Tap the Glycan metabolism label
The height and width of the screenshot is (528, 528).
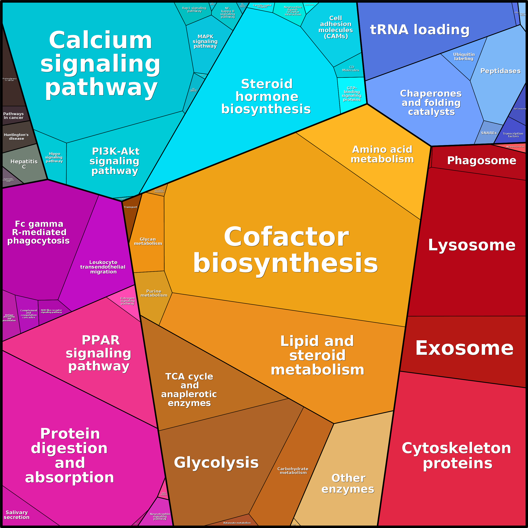[148, 241]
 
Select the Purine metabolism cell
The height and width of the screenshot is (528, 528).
[154, 293]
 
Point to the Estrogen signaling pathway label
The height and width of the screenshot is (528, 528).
[127, 301]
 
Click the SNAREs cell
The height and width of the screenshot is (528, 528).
[489, 133]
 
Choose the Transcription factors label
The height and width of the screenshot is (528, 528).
[513, 135]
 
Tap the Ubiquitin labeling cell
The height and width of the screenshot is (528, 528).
[464, 57]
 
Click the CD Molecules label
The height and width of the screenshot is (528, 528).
[351, 69]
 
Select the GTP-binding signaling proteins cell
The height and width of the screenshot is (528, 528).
[352, 94]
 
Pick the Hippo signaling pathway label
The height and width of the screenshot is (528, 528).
[54, 157]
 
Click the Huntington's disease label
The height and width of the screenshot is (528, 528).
[16, 137]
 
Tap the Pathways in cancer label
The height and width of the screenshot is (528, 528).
[13, 116]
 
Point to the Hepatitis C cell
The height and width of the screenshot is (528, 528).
[24, 164]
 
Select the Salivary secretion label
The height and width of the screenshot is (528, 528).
[17, 515]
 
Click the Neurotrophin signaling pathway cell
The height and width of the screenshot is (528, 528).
[160, 516]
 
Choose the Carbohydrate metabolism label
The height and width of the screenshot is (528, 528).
[293, 471]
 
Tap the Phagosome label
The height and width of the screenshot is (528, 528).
[482, 160]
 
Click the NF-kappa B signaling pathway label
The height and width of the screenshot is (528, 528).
[228, 13]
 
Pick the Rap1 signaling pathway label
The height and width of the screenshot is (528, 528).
[194, 10]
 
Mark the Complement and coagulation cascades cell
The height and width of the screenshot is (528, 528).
[29, 314]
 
